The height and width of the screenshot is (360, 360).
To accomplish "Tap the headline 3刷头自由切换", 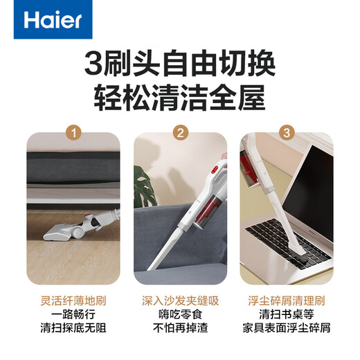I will coord(180,65).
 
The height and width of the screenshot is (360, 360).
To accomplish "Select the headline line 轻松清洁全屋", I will coord(180,98).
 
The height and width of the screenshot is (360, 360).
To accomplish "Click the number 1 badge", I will coord(73,132).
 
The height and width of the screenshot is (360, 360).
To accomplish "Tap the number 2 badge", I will coord(180,132).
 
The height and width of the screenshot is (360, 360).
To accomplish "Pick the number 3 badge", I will coord(287,132).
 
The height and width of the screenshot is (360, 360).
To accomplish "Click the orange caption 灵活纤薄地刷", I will coord(73,302).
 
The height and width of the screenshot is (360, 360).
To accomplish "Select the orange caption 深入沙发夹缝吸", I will coord(180,302).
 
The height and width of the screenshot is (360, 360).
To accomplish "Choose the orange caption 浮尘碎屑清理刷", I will coord(287,302).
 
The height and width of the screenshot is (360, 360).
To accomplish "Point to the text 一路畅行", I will coord(73,315).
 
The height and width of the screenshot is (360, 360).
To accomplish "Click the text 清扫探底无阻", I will coord(73,328).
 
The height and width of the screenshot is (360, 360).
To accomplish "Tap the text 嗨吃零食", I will coord(180,315).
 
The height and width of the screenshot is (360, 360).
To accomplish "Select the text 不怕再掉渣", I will coord(180,328).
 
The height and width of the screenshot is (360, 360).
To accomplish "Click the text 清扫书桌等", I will coord(287,315).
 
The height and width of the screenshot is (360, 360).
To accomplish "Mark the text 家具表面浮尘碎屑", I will coord(287,328).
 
